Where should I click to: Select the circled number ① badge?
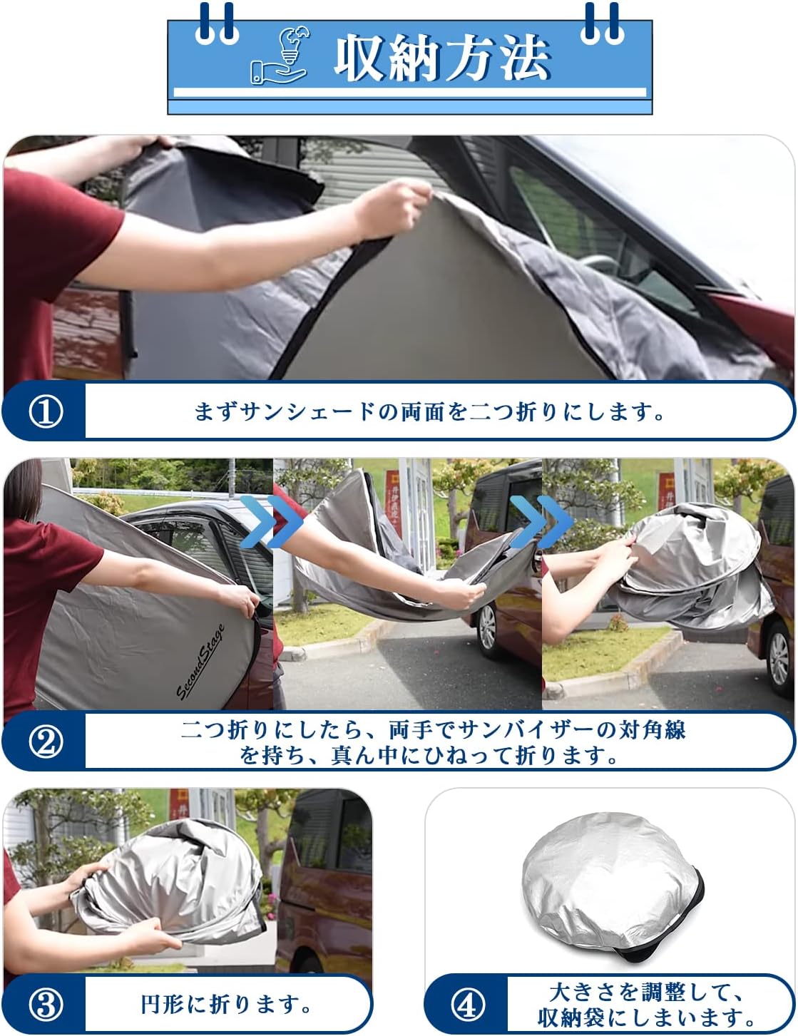(x=46, y=411)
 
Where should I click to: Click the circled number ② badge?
(x=46, y=742)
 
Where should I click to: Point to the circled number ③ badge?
(x=46, y=1005)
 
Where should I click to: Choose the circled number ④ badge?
(x=468, y=1005)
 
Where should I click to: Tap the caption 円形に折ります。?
(x=227, y=1005)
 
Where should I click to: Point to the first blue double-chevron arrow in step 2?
(x=272, y=521)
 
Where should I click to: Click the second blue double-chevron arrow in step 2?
(x=541, y=521)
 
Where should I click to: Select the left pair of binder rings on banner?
(x=216, y=26)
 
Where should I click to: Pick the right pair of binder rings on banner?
(x=603, y=26)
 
